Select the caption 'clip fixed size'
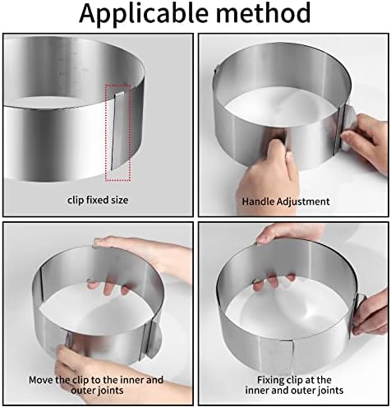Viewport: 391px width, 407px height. point(98,199)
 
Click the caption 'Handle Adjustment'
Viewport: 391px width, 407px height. point(285,200)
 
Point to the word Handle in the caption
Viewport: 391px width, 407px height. point(258,200)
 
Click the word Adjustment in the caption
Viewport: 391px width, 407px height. point(302,200)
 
